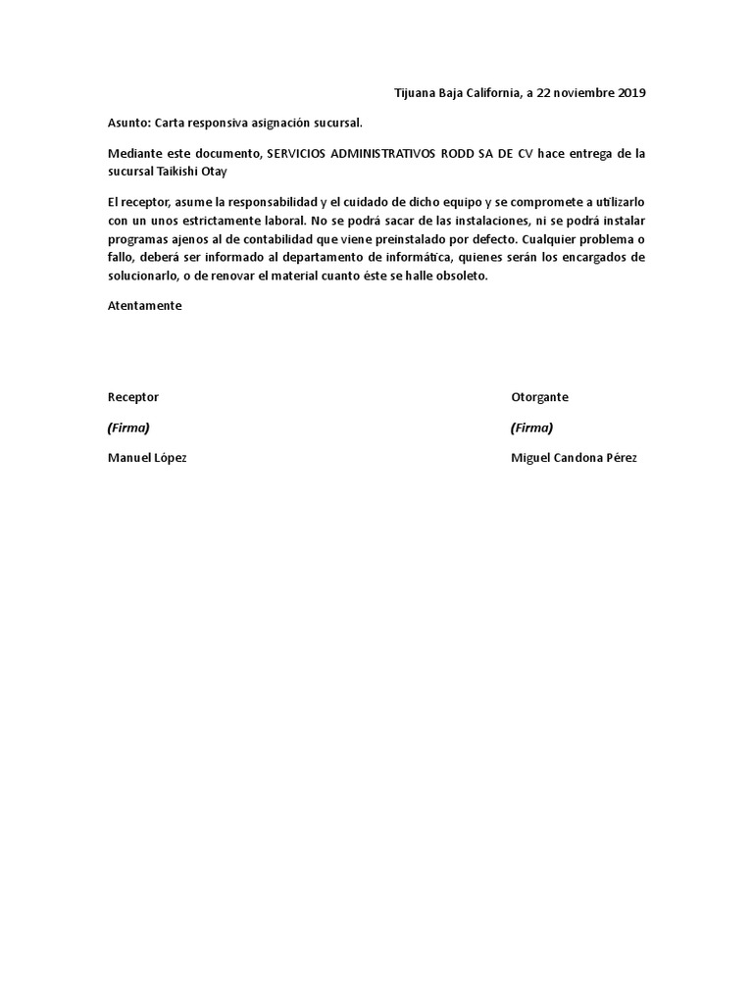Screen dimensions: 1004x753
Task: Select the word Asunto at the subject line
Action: point(128,123)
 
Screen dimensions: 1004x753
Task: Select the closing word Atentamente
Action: point(144,305)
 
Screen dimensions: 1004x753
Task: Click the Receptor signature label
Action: point(132,397)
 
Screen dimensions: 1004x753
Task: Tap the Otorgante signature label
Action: point(539,397)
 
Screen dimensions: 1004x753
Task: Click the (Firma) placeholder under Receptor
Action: point(128,427)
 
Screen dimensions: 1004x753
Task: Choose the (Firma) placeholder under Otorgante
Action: point(531,427)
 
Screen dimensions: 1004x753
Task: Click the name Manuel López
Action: point(146,458)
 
